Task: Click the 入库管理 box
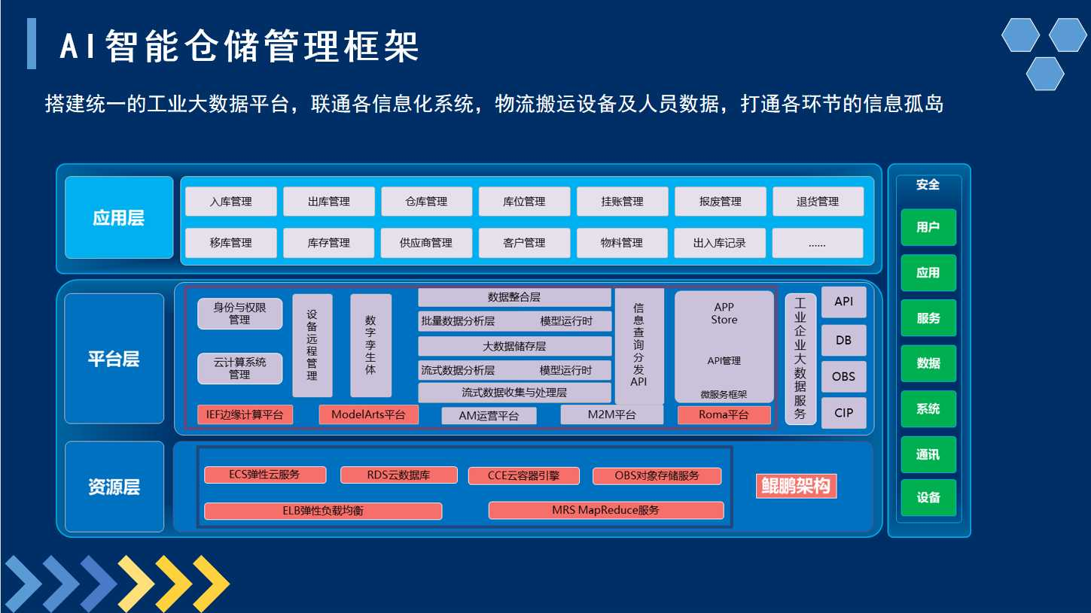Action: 231,202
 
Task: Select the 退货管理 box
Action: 818,202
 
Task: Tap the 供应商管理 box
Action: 426,243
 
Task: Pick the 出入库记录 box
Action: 719,243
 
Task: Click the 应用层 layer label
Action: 119,217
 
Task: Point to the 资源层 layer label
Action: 114,487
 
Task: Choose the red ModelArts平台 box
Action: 368,414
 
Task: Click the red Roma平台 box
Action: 724,414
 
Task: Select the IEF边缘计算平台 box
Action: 245,414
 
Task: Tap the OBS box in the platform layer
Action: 843,377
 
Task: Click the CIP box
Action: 843,413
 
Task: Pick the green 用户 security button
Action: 928,227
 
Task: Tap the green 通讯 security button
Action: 928,455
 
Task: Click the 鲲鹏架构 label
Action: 797,486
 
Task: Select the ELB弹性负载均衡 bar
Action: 323,511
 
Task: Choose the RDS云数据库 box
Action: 399,475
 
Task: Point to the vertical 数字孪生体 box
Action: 370,345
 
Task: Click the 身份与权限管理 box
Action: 239,314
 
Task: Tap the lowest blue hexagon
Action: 1045,74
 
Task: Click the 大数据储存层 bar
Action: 514,347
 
